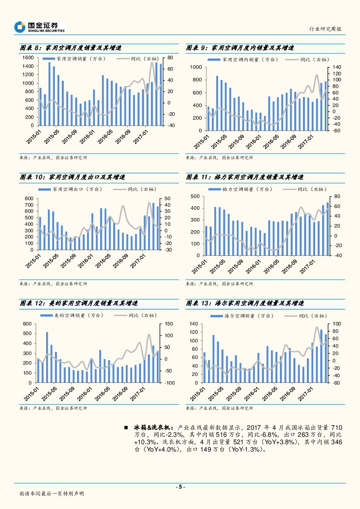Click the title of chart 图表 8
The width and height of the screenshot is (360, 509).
[x=71, y=48]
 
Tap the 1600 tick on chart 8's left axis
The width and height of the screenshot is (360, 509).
[x=28, y=58]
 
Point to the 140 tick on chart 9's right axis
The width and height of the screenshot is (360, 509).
[x=338, y=67]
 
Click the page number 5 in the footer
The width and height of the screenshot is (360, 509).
[x=180, y=487]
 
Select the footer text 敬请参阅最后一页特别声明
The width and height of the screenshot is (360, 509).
[x=52, y=494]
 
